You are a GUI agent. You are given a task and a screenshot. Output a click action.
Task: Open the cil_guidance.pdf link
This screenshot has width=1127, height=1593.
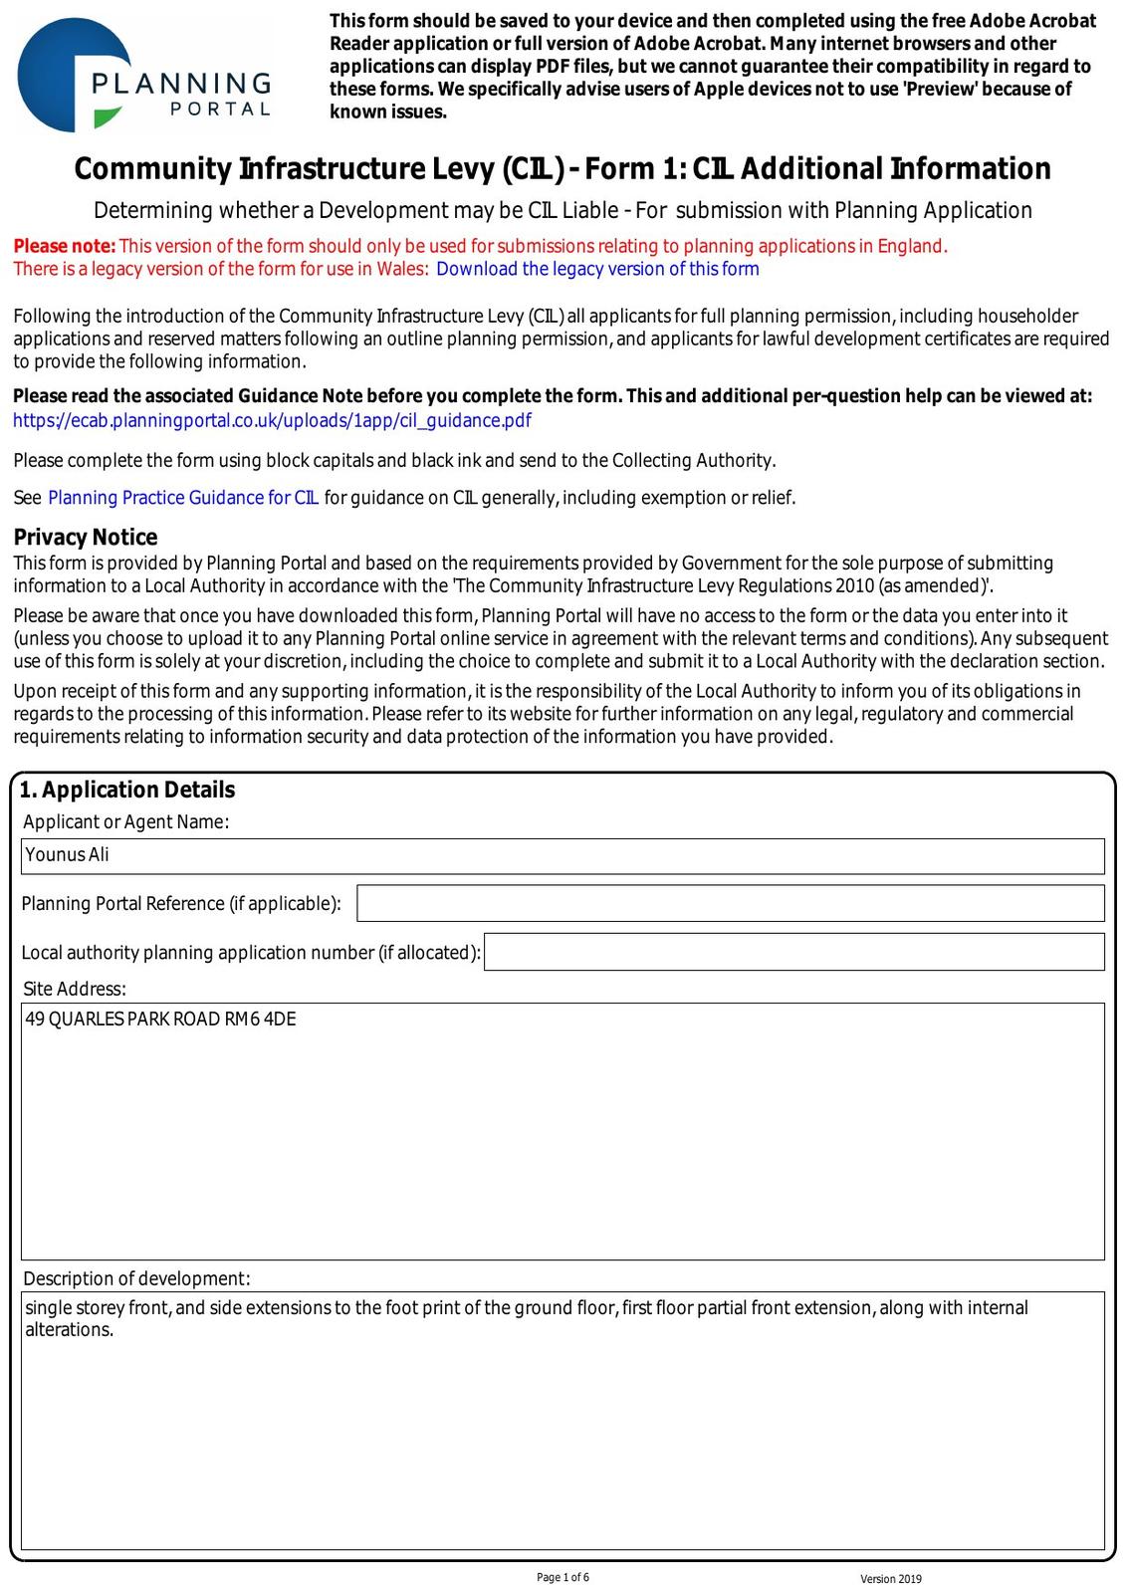[x=272, y=420]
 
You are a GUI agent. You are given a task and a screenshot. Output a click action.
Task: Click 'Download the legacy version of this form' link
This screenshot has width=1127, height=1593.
[x=597, y=269]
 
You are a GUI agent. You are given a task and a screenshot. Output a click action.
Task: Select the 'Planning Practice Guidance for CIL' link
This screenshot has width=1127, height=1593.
[x=183, y=498]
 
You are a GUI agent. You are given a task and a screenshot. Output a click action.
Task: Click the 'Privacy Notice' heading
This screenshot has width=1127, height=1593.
[x=86, y=538]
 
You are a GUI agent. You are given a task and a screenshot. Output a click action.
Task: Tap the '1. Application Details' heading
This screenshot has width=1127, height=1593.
[x=127, y=790]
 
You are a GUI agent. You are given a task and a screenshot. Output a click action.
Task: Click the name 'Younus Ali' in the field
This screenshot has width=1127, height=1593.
[x=68, y=854]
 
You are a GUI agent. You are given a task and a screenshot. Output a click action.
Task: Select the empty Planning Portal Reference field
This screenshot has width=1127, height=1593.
[x=730, y=903]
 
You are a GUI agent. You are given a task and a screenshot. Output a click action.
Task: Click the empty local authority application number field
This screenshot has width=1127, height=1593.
[x=793, y=952]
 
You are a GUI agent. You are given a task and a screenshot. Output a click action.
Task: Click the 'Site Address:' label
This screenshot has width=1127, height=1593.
[x=75, y=989]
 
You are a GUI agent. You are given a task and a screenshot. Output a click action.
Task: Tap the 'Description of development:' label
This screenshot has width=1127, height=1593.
[x=136, y=1278]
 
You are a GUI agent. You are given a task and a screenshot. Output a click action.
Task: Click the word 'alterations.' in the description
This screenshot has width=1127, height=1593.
[x=69, y=1330]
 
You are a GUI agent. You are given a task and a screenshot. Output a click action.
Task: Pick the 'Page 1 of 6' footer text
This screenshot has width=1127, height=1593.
[x=563, y=1577]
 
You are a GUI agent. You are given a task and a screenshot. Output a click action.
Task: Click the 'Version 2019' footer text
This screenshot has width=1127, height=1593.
[x=891, y=1579]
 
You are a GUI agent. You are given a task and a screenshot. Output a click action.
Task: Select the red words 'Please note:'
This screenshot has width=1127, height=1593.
[x=65, y=246]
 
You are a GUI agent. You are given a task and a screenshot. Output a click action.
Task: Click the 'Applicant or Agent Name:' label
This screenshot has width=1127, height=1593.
[x=125, y=821]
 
